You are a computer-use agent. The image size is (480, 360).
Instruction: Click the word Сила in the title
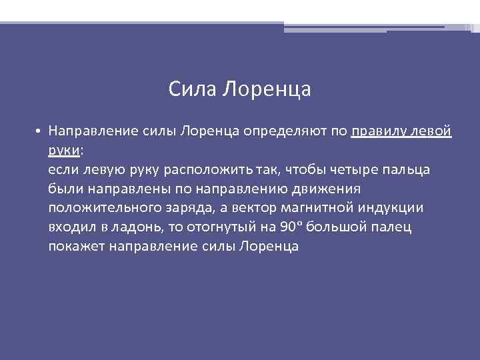coord(192,89)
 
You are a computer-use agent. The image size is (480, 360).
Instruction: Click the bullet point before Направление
coord(40,131)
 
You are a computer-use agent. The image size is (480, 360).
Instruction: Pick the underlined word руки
coord(63,151)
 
